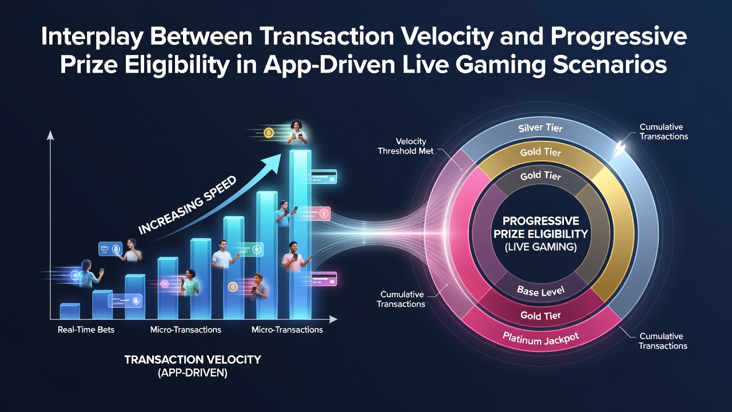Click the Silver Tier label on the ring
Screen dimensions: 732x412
pyautogui.click(x=540, y=128)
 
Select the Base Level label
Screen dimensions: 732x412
pyautogui.click(x=540, y=291)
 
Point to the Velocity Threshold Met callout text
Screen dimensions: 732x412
pyautogui.click(x=405, y=146)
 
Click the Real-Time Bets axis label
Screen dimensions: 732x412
pyautogui.click(x=86, y=330)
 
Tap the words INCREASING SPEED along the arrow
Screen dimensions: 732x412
pyautogui.click(x=187, y=205)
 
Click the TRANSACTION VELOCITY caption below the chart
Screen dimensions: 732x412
pyautogui.click(x=193, y=360)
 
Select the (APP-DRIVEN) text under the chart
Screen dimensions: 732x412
pyautogui.click(x=193, y=373)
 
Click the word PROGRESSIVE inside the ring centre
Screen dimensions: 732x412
pyautogui.click(x=540, y=221)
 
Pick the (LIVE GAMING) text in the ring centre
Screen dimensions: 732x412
pyautogui.click(x=540, y=247)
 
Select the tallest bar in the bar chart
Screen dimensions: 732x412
pyautogui.click(x=300, y=235)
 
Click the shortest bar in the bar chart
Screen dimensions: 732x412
pyautogui.click(x=70, y=311)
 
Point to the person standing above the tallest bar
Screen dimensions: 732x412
pyautogui.click(x=297, y=132)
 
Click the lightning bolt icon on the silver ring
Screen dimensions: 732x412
pyautogui.click(x=619, y=148)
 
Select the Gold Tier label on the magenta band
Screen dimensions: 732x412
pyautogui.click(x=540, y=315)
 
